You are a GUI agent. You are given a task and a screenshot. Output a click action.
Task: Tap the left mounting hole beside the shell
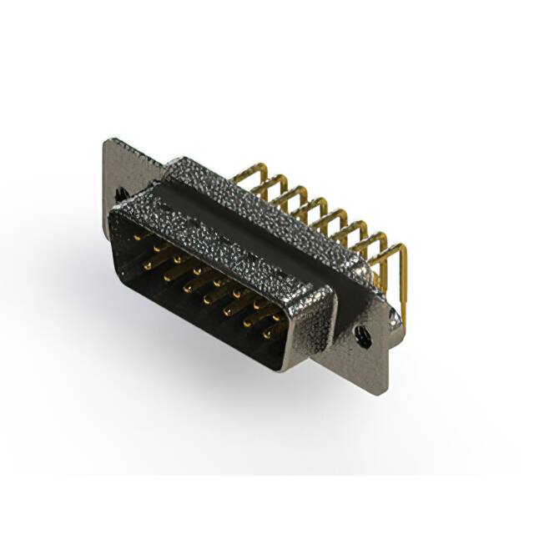(123, 194)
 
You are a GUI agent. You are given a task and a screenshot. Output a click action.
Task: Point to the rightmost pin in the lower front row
(268, 335)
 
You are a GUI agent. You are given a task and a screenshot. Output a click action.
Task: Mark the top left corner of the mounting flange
(106, 142)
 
